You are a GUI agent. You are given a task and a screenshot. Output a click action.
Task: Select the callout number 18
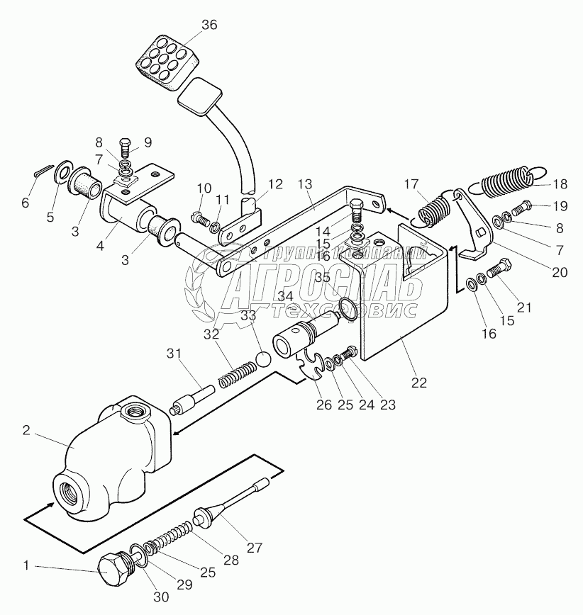(x=560, y=184)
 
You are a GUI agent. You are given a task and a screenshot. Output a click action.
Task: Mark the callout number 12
(x=275, y=184)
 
